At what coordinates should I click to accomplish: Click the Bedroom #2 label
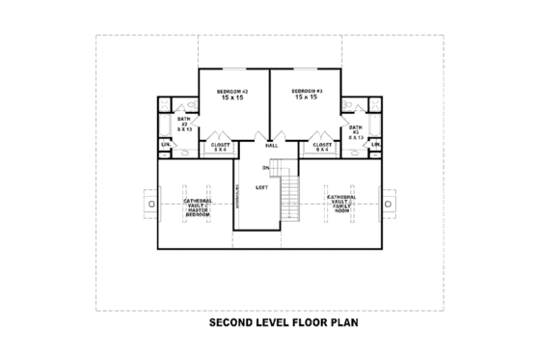[x=234, y=91]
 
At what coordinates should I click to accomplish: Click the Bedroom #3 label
[x=307, y=91]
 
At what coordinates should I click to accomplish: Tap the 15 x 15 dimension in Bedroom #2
[x=234, y=98]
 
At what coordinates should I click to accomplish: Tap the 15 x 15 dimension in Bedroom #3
[x=307, y=98]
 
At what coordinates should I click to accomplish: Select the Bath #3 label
[x=356, y=127]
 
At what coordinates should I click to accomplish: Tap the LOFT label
[x=261, y=187]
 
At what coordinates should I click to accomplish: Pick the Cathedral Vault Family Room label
[x=341, y=204]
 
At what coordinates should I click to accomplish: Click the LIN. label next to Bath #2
[x=165, y=145]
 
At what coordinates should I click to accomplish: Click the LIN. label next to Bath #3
[x=375, y=145]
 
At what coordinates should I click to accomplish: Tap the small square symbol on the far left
[x=148, y=205]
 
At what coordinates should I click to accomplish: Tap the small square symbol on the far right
[x=391, y=205]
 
